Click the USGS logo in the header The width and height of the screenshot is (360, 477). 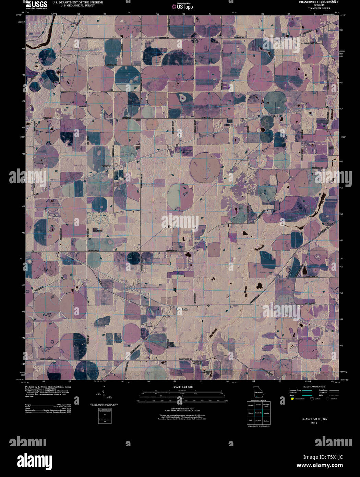point(36,4)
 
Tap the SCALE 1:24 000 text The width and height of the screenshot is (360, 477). point(183,387)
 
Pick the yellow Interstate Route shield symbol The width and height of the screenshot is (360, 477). point(292,399)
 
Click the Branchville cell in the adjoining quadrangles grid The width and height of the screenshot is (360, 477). point(259,413)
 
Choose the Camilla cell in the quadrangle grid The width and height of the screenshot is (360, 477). point(266,413)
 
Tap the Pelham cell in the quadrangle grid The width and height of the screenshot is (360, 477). point(266,420)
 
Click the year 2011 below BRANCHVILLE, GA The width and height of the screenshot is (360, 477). point(314,423)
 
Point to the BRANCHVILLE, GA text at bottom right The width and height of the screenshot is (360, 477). point(314,419)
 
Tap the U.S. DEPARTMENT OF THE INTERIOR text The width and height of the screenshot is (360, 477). point(77,2)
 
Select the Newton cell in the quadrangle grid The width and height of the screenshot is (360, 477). point(259,405)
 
